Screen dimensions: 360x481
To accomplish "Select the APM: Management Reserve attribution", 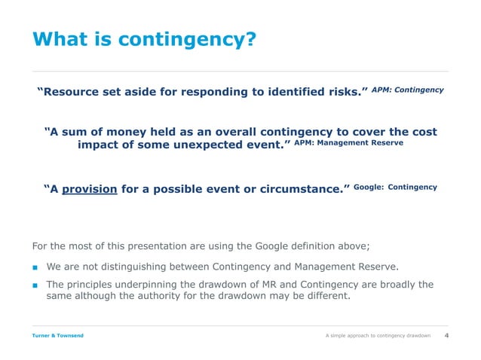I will (x=348, y=142).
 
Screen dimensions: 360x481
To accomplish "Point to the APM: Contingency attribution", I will (x=408, y=90).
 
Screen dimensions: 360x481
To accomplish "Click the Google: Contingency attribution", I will (x=395, y=186).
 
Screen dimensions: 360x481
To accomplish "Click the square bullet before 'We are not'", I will (x=35, y=266).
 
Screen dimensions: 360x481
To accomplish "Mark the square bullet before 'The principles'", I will (x=35, y=285).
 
